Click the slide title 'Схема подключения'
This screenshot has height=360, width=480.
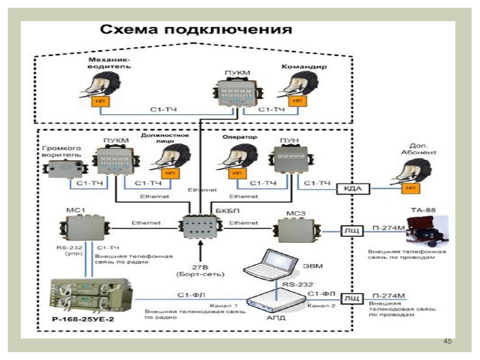[x=196, y=30]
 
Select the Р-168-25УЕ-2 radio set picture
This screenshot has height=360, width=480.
[x=90, y=296]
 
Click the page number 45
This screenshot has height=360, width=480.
[x=447, y=341]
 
